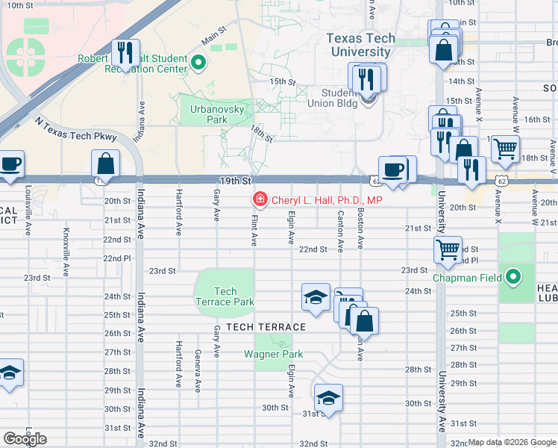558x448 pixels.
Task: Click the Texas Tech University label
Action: (x=360, y=45)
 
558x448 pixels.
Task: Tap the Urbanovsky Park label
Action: (x=207, y=113)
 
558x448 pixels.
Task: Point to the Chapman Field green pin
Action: (x=513, y=277)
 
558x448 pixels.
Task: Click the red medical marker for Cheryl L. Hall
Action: (x=260, y=199)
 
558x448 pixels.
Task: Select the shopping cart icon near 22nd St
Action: (x=448, y=251)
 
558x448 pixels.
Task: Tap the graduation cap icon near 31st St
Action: (x=328, y=397)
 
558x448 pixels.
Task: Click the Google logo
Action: (x=25, y=439)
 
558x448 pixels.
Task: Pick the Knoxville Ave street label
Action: (x=66, y=252)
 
